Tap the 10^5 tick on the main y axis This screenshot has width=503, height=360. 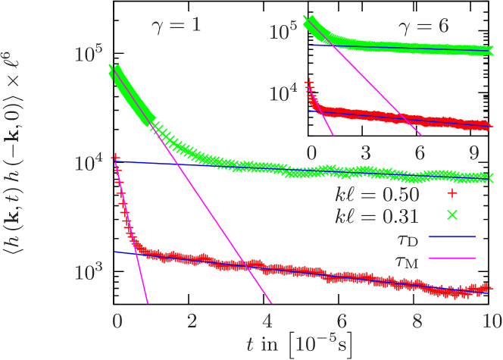(89, 55)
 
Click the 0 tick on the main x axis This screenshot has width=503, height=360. (116, 320)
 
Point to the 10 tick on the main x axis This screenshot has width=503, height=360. (492, 320)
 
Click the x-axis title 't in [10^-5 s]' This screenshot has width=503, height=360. (299, 342)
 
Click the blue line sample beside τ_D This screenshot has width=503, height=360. (452, 237)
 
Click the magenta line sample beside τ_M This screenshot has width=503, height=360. (452, 259)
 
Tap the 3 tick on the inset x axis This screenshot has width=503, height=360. (365, 152)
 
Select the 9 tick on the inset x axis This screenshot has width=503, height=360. (473, 152)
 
